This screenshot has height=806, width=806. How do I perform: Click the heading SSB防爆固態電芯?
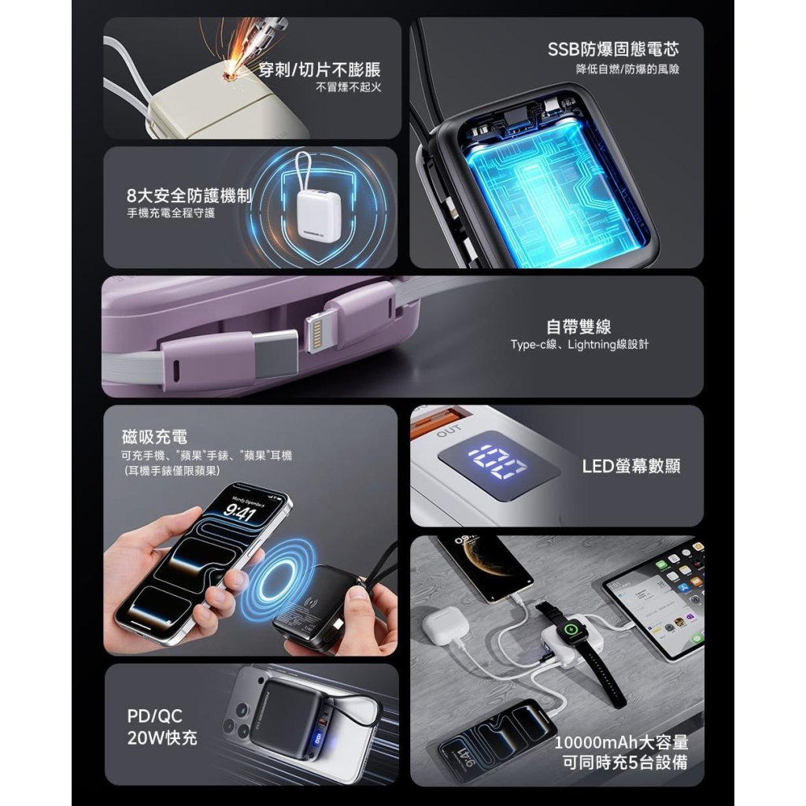[613, 50]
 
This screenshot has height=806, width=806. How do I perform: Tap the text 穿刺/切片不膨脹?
[319, 69]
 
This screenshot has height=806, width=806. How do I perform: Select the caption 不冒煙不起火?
[348, 87]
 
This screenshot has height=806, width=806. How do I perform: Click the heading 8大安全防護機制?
[189, 195]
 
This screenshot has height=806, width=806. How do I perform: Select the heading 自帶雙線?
[579, 327]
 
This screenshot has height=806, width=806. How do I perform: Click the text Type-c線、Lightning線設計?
[579, 345]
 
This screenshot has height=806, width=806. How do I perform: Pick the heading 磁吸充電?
[155, 436]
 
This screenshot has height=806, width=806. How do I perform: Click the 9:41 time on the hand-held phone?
[238, 512]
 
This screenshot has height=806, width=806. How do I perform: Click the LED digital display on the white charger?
[498, 460]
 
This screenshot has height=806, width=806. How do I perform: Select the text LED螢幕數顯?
[631, 466]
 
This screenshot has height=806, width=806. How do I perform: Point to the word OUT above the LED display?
[449, 431]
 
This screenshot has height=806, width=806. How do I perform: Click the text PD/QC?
[154, 716]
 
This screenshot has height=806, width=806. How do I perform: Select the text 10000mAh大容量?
[621, 742]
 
